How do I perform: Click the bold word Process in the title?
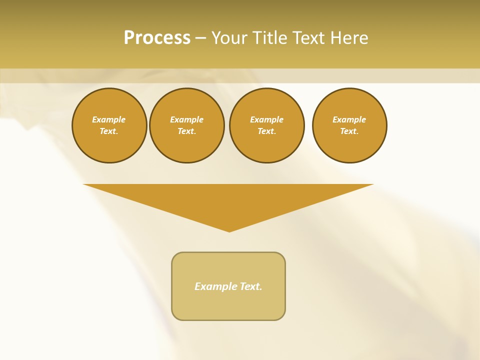pyautogui.click(x=157, y=38)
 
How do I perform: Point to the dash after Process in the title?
pyautogui.click(x=200, y=38)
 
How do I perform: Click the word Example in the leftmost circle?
pyautogui.click(x=109, y=119)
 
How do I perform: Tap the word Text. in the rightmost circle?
pyautogui.click(x=349, y=131)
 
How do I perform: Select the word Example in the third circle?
pyautogui.click(x=267, y=119)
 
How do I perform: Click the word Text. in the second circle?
pyautogui.click(x=187, y=131)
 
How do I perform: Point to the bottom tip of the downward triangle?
pyautogui.click(x=229, y=231)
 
